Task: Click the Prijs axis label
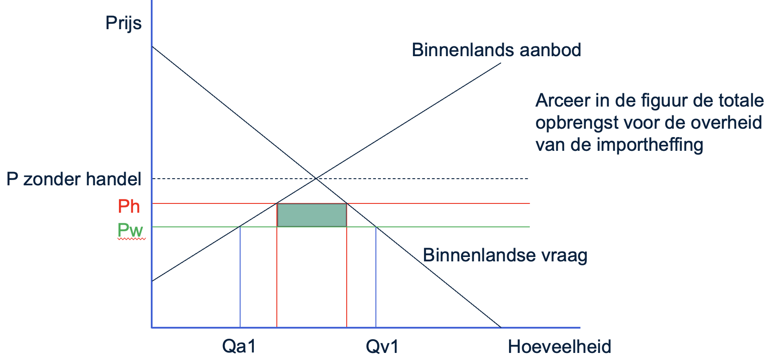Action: pos(123,23)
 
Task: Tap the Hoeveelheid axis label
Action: pos(559,347)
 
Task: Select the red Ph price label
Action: pos(129,207)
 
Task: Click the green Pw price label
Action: pos(130,230)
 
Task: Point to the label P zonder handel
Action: pos(74,179)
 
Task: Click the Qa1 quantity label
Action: pos(239,347)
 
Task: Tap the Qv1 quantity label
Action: pos(382,347)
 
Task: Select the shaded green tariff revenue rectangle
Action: pos(312,215)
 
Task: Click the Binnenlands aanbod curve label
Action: pos(496,50)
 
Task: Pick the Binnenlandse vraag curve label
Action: pos(505,255)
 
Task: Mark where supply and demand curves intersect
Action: pos(316,178)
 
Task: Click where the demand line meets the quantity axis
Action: pos(501,327)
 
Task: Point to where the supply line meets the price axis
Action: pos(152,281)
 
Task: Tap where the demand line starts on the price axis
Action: pos(152,46)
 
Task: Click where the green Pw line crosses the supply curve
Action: pos(240,227)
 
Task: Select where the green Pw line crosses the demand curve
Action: pos(376,227)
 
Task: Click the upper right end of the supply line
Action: pos(500,63)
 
